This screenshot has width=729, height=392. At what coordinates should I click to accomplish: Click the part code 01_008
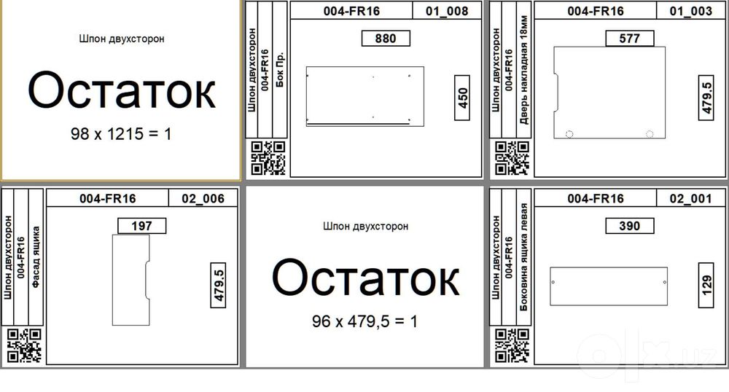447,11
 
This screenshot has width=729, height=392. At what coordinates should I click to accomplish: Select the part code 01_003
691,11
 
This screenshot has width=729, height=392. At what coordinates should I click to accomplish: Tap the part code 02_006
203,199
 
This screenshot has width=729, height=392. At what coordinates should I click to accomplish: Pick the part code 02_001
691,199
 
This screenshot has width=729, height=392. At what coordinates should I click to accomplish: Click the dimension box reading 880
386,39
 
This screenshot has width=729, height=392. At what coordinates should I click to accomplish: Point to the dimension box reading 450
462,98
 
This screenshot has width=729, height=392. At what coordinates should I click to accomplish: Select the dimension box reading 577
630,39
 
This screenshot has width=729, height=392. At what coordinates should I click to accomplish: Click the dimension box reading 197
142,226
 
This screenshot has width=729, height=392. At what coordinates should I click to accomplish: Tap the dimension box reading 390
630,226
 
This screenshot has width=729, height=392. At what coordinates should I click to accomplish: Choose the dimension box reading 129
706,285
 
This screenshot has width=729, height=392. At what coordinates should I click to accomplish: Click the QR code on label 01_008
268,158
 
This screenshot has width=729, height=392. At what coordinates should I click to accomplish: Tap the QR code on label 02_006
24,345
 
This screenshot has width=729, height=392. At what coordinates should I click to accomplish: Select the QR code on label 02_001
512,345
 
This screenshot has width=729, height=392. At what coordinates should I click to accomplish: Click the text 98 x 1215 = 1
121,134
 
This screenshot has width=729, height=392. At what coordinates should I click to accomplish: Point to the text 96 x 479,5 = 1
365,321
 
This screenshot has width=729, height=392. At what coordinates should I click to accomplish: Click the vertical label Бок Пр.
280,70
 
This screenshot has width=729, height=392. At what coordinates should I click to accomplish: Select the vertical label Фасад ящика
36,257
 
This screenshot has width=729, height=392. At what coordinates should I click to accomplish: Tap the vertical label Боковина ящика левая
524,257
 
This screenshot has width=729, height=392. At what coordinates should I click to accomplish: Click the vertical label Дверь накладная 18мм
524,70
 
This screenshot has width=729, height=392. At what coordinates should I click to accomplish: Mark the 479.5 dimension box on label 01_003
706,98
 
